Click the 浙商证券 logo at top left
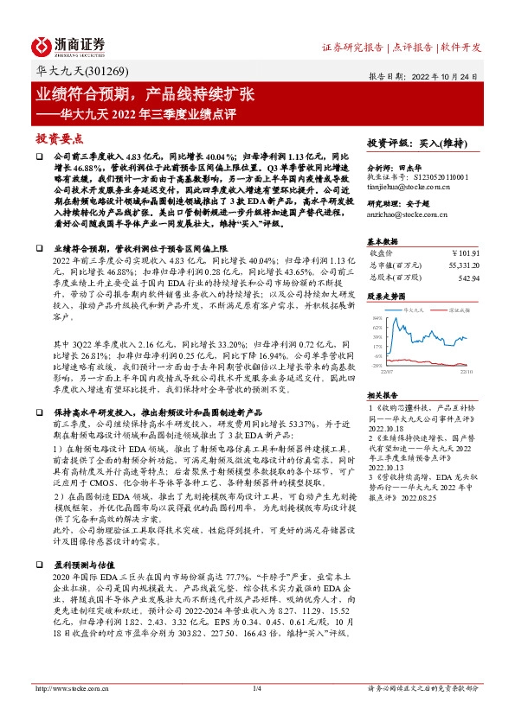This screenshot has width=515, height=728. [68, 46]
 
